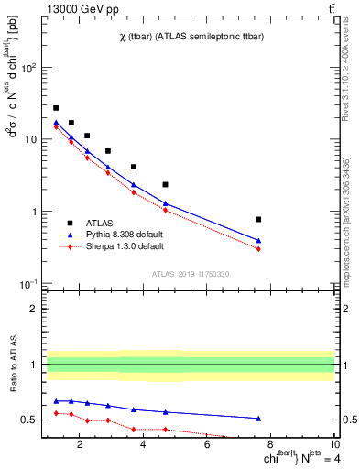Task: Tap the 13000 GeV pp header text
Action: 77,8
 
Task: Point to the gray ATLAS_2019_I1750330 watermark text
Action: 190,274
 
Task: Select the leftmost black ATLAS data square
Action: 56,108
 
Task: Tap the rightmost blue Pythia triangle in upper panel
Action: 258,241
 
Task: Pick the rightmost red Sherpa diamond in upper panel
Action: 258,249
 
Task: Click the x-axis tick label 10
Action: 333,447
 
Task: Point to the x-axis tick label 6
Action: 207,447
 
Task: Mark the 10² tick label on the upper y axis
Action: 28,68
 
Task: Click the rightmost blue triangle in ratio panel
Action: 258,418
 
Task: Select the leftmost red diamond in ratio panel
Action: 56,413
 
